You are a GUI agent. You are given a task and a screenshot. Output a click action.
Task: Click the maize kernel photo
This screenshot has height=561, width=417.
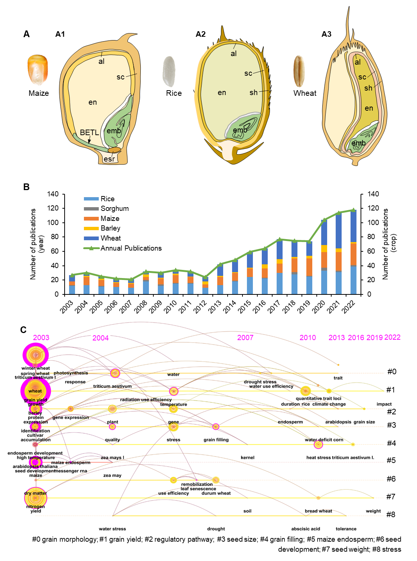tap(38, 70)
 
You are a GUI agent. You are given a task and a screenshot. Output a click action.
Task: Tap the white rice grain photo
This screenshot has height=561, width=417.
tap(169, 71)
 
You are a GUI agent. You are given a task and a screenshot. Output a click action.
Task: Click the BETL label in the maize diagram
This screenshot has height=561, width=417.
tap(89, 133)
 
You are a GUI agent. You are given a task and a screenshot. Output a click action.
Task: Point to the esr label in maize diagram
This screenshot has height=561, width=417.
tap(109, 159)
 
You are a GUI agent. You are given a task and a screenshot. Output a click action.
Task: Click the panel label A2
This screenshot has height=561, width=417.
tap(201, 34)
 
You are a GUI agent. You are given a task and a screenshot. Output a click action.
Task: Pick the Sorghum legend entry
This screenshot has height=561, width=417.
tap(114, 209)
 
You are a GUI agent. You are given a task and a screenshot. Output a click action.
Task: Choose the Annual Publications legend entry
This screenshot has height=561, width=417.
tap(131, 248)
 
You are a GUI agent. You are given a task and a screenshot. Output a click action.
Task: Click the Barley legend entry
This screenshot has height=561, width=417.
tap(110, 228)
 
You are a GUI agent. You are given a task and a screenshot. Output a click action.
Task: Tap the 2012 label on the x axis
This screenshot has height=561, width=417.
tap(200, 307)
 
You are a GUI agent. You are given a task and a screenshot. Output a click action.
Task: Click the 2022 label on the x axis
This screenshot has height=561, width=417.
tap(349, 307)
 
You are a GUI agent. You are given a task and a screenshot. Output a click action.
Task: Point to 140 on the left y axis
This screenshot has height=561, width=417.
tap(53, 194)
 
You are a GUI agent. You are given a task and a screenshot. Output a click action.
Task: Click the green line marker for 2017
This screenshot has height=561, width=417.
tap(280, 239)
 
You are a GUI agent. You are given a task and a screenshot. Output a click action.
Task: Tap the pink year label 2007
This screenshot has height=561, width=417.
tap(245, 337)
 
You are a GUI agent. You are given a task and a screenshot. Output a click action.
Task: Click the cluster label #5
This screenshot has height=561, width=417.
tap(391, 460)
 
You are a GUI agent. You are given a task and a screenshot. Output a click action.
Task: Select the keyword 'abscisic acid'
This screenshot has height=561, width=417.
tap(306, 529)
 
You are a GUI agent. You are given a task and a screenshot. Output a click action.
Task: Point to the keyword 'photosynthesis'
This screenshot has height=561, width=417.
tap(71, 373)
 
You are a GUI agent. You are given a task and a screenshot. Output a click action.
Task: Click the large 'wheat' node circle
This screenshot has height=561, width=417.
tap(35, 391)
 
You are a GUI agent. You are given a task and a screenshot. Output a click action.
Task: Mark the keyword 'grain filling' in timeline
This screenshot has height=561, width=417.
tap(216, 440)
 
